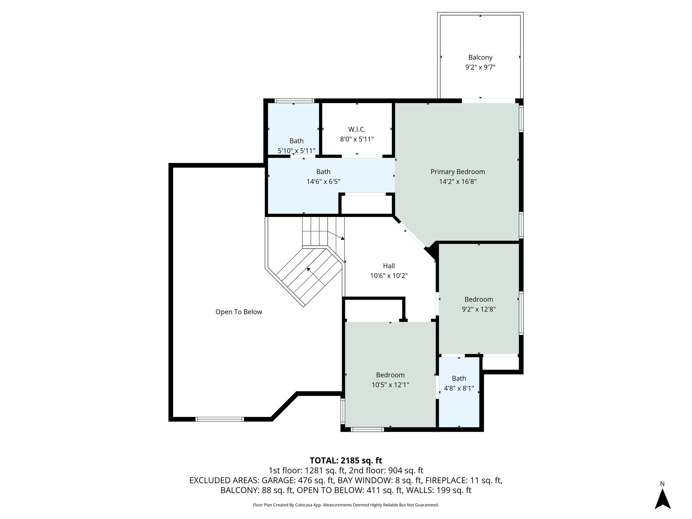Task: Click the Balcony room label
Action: coord(480,57)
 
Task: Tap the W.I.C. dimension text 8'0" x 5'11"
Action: coord(357,139)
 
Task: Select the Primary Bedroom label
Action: coord(458,172)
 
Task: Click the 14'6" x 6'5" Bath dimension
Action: coord(323,182)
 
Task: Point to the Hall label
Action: coord(389,266)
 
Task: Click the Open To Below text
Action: coord(239,312)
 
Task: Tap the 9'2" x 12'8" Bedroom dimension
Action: coord(478,309)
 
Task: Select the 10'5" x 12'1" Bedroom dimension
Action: coord(390,385)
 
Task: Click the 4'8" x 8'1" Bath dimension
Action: coord(459,389)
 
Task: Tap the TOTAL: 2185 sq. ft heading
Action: coord(346,461)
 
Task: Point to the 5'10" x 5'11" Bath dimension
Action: coord(296,151)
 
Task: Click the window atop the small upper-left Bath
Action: coord(294,101)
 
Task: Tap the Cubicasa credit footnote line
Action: coord(346,505)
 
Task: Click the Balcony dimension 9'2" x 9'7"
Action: coord(480,67)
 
